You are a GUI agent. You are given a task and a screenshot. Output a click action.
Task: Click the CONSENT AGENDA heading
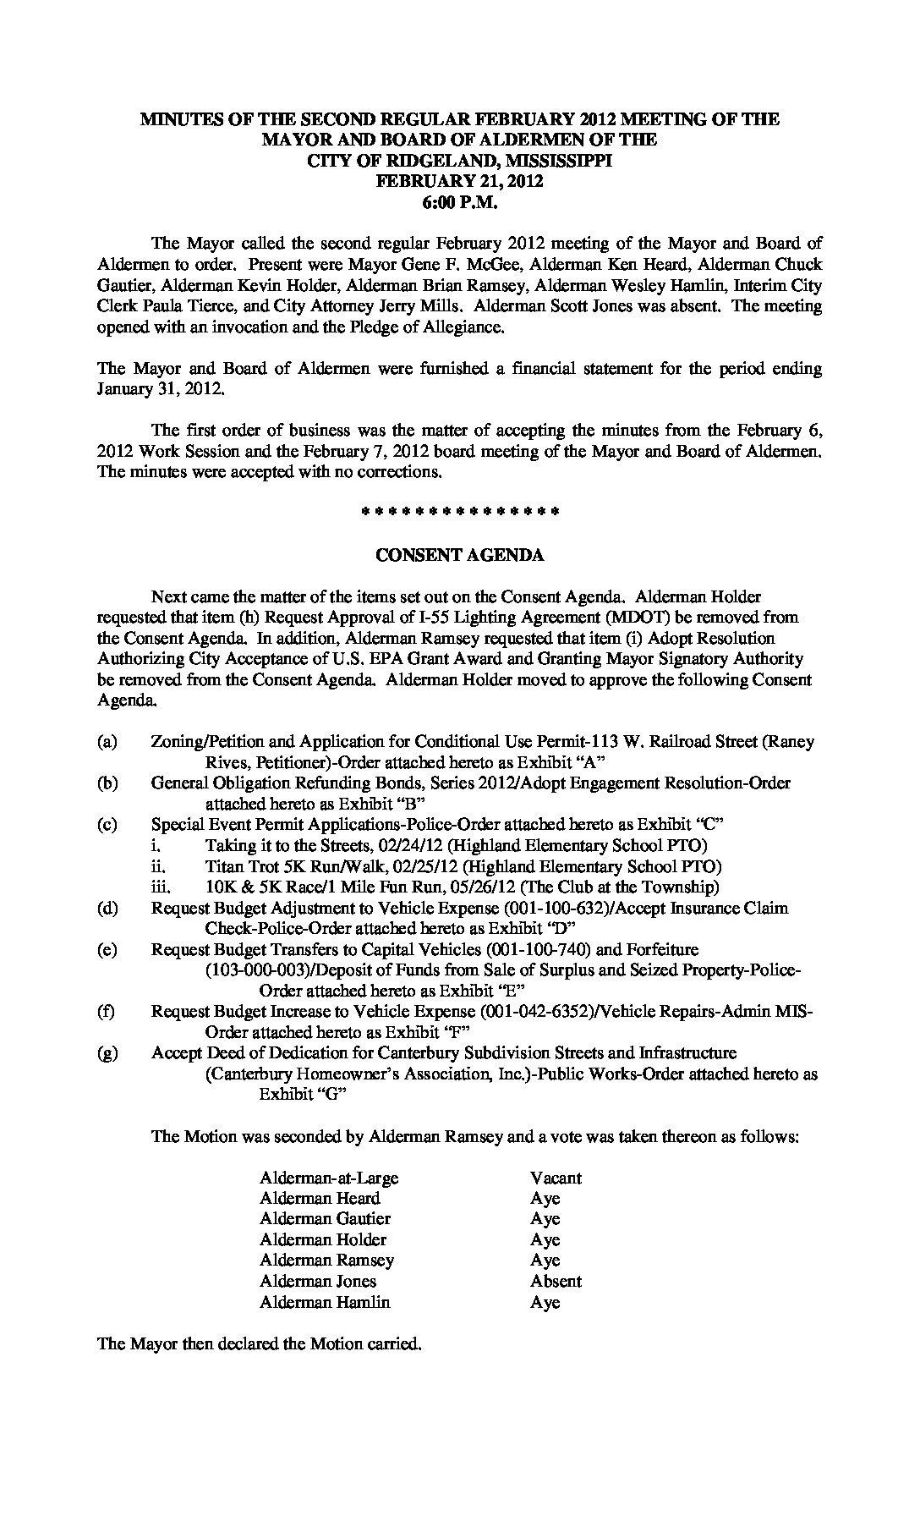click(x=459, y=556)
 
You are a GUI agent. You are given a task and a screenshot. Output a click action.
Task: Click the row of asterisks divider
click(x=459, y=512)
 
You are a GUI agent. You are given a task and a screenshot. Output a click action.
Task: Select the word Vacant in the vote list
click(x=556, y=1178)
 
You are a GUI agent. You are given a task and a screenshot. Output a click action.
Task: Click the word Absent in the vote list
click(x=556, y=1281)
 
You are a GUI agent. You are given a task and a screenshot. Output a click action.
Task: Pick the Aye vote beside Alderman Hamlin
click(x=545, y=1302)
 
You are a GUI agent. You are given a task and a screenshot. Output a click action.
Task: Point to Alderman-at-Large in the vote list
click(x=329, y=1178)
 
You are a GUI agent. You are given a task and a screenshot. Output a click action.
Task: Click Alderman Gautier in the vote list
click(x=325, y=1219)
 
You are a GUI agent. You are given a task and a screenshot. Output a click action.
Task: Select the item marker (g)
click(x=107, y=1053)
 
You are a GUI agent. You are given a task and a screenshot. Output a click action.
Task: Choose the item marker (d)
click(x=107, y=909)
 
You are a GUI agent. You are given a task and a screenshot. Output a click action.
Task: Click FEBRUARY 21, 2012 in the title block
click(x=459, y=181)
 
